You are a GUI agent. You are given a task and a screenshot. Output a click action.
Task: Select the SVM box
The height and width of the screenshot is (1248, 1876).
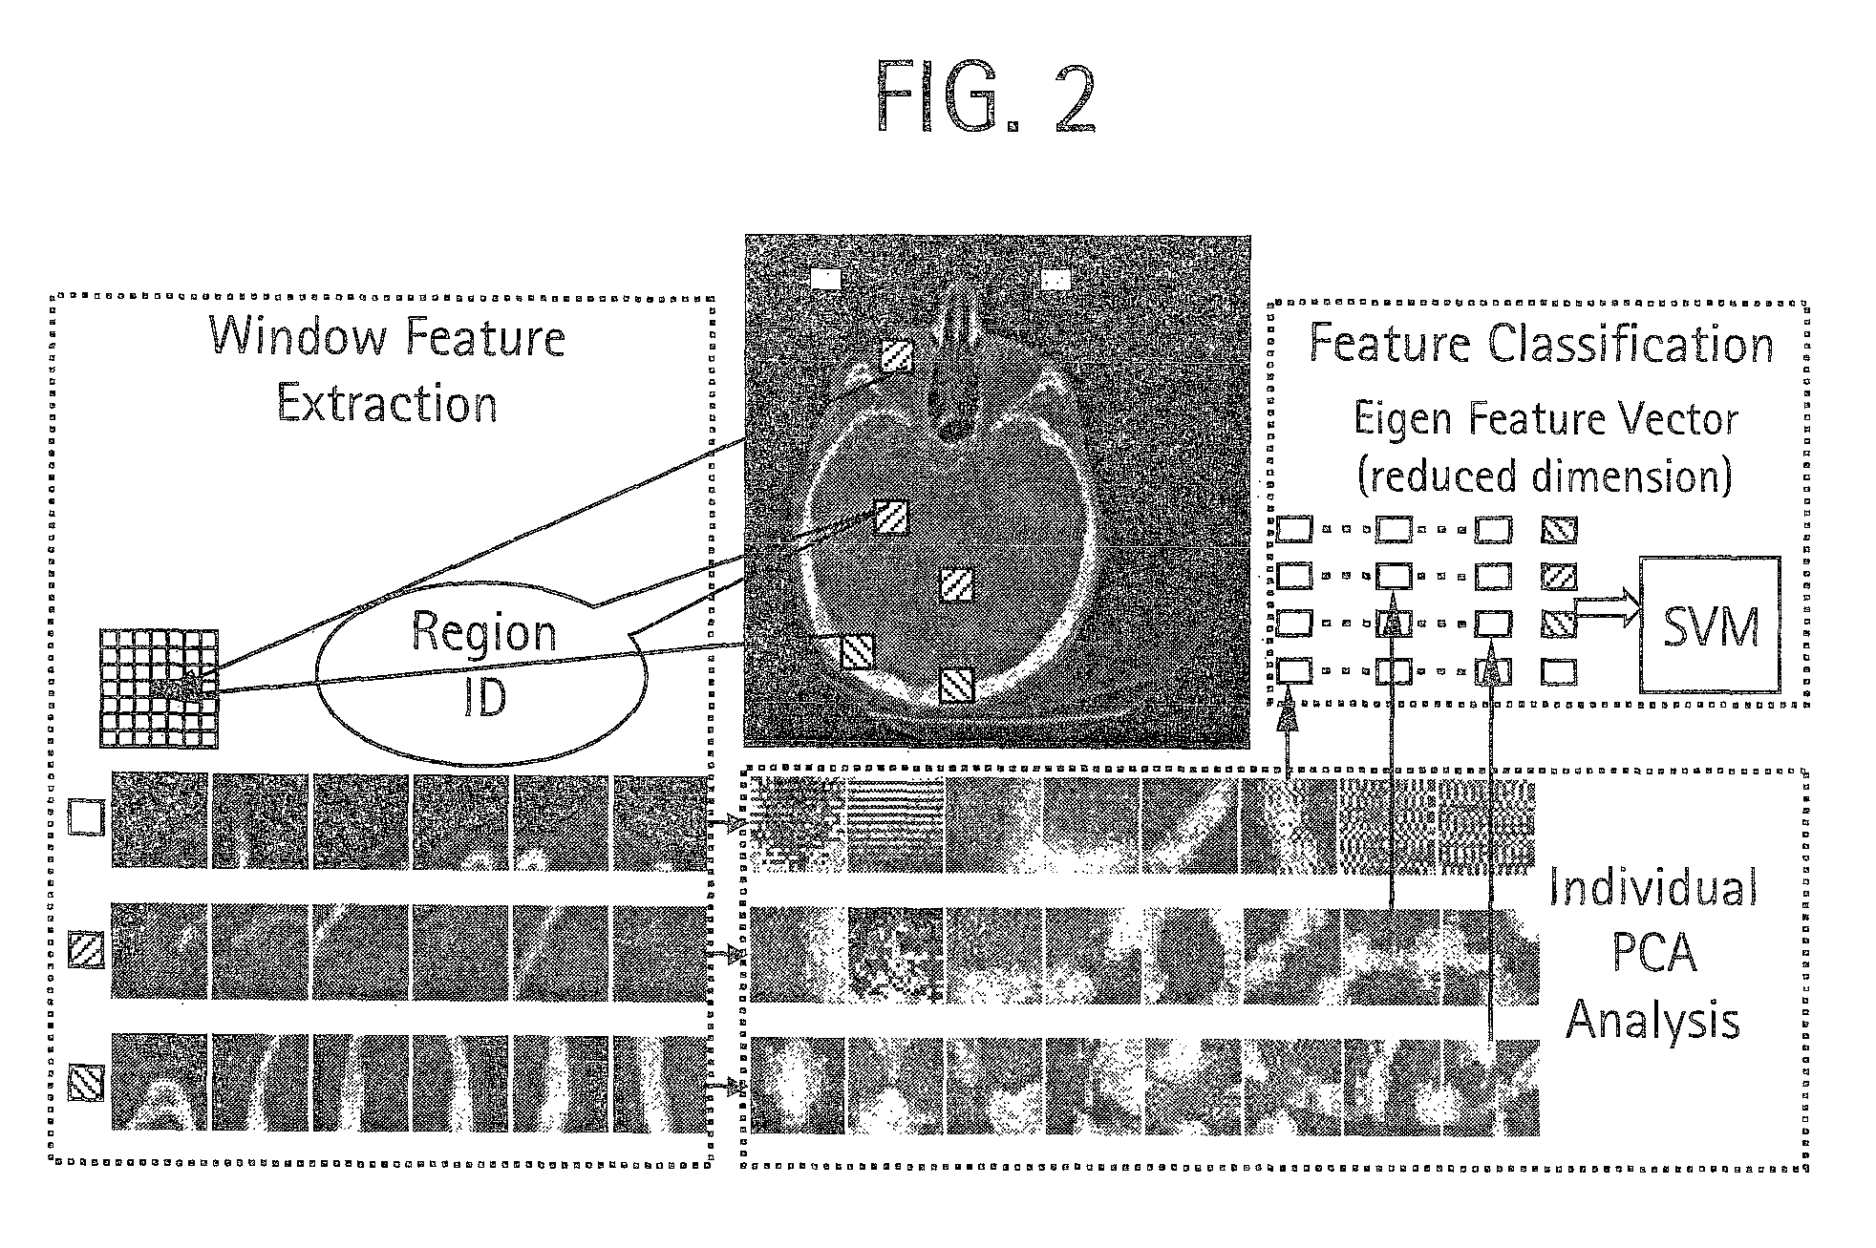1710,624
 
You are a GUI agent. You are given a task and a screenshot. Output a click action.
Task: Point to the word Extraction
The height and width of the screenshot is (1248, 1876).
387,404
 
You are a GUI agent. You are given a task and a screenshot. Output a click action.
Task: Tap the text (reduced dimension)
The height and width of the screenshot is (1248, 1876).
1545,476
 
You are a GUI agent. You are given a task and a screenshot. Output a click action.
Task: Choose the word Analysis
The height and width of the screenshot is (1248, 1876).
1652,1019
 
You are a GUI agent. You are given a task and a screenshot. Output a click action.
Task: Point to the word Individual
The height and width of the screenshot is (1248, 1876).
1652,887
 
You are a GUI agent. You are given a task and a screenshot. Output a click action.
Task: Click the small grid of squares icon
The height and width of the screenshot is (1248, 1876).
159,687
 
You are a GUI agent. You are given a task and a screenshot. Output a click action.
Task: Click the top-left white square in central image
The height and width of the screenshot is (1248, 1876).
825,278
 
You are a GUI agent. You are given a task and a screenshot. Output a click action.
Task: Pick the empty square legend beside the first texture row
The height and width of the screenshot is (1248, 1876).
86,818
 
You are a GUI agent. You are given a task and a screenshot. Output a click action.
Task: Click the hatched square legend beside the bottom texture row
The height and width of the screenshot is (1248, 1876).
86,1083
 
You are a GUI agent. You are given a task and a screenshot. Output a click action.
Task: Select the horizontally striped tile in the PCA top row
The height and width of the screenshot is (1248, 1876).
894,825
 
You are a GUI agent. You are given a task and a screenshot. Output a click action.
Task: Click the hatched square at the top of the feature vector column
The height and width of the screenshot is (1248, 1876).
1559,530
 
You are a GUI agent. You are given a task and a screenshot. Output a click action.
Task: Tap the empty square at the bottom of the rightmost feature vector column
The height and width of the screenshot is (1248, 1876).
1559,672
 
